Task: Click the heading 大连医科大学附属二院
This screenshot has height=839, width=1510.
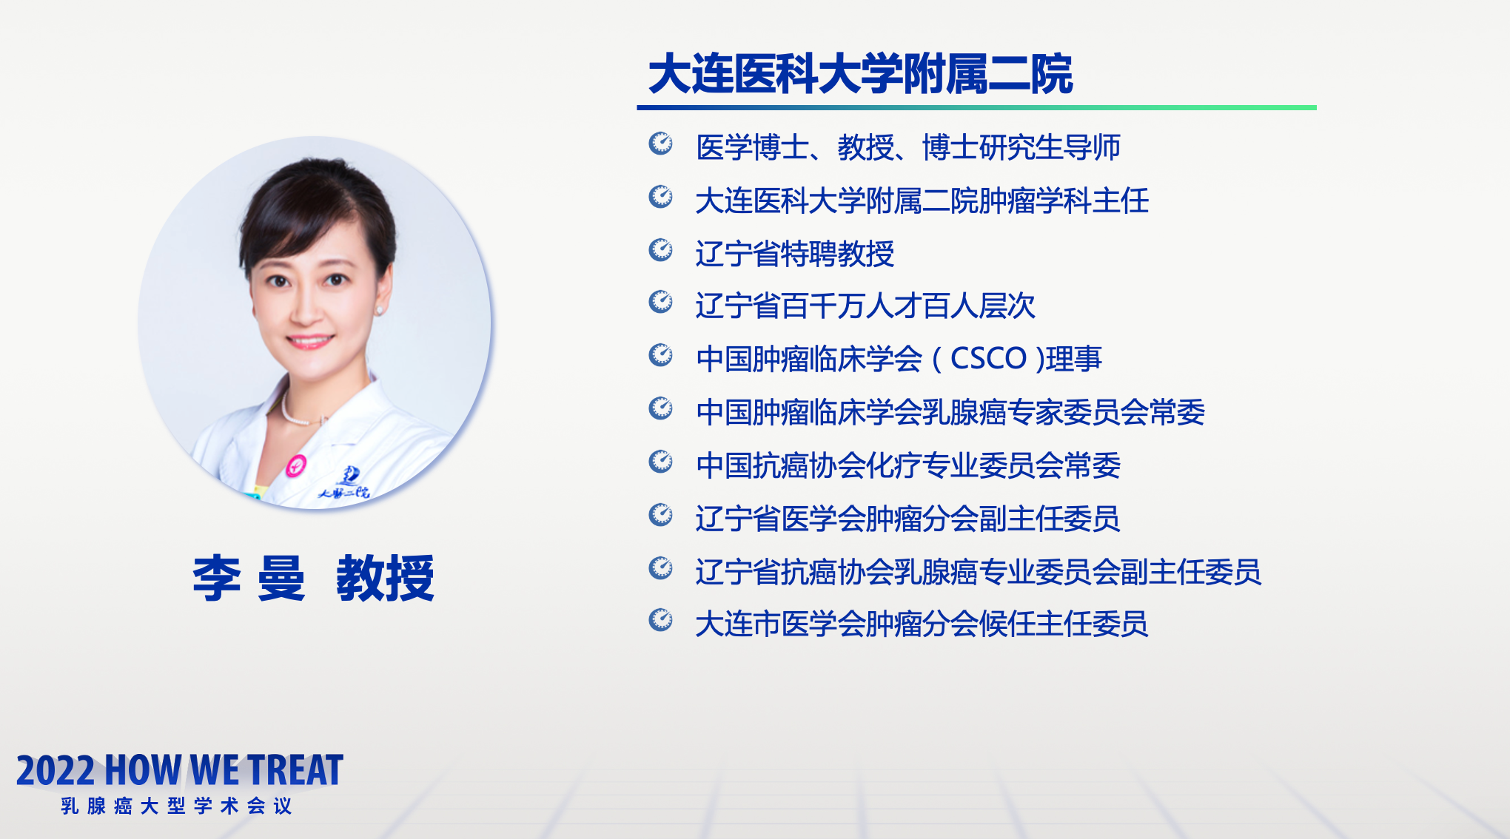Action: (860, 74)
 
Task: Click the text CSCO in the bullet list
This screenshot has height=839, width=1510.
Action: (988, 359)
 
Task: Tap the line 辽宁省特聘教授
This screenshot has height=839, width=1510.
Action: (795, 254)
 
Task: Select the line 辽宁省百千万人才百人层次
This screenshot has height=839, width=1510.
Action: (865, 306)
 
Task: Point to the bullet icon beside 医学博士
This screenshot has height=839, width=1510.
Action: (660, 143)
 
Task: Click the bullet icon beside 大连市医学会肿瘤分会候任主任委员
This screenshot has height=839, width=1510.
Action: (660, 619)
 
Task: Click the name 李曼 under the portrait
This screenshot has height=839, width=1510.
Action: (249, 578)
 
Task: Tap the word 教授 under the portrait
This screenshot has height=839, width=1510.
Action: (385, 578)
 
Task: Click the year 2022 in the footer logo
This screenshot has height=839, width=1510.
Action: (56, 771)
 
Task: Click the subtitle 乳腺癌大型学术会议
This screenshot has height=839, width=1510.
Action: (176, 806)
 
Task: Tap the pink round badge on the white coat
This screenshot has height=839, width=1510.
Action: (296, 465)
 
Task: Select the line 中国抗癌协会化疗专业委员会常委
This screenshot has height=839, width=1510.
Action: (908, 465)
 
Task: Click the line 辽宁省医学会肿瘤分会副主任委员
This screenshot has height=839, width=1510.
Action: (907, 519)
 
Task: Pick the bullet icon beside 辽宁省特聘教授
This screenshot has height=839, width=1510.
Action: (660, 249)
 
